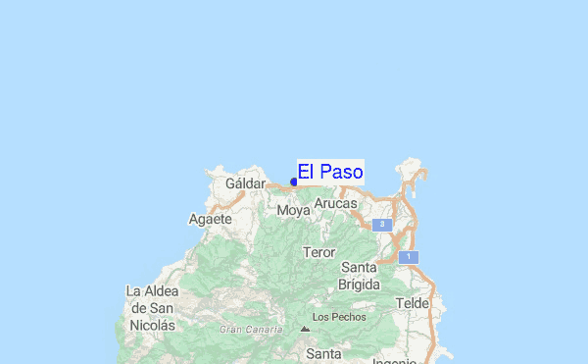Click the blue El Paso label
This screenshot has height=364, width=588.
330,172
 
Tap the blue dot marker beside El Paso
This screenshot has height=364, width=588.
294,182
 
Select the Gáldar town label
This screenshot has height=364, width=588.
245,183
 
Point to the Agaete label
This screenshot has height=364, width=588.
210,219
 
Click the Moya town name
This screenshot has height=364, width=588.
293,211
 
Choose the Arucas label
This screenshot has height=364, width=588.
336,203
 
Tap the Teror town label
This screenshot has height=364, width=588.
319,252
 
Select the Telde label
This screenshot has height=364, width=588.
413,303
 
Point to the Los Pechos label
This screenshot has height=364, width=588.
339,317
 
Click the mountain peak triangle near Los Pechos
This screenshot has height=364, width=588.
305,330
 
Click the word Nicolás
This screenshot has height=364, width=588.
152,325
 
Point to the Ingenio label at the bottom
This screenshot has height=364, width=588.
394,360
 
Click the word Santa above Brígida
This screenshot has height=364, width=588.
358,267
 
